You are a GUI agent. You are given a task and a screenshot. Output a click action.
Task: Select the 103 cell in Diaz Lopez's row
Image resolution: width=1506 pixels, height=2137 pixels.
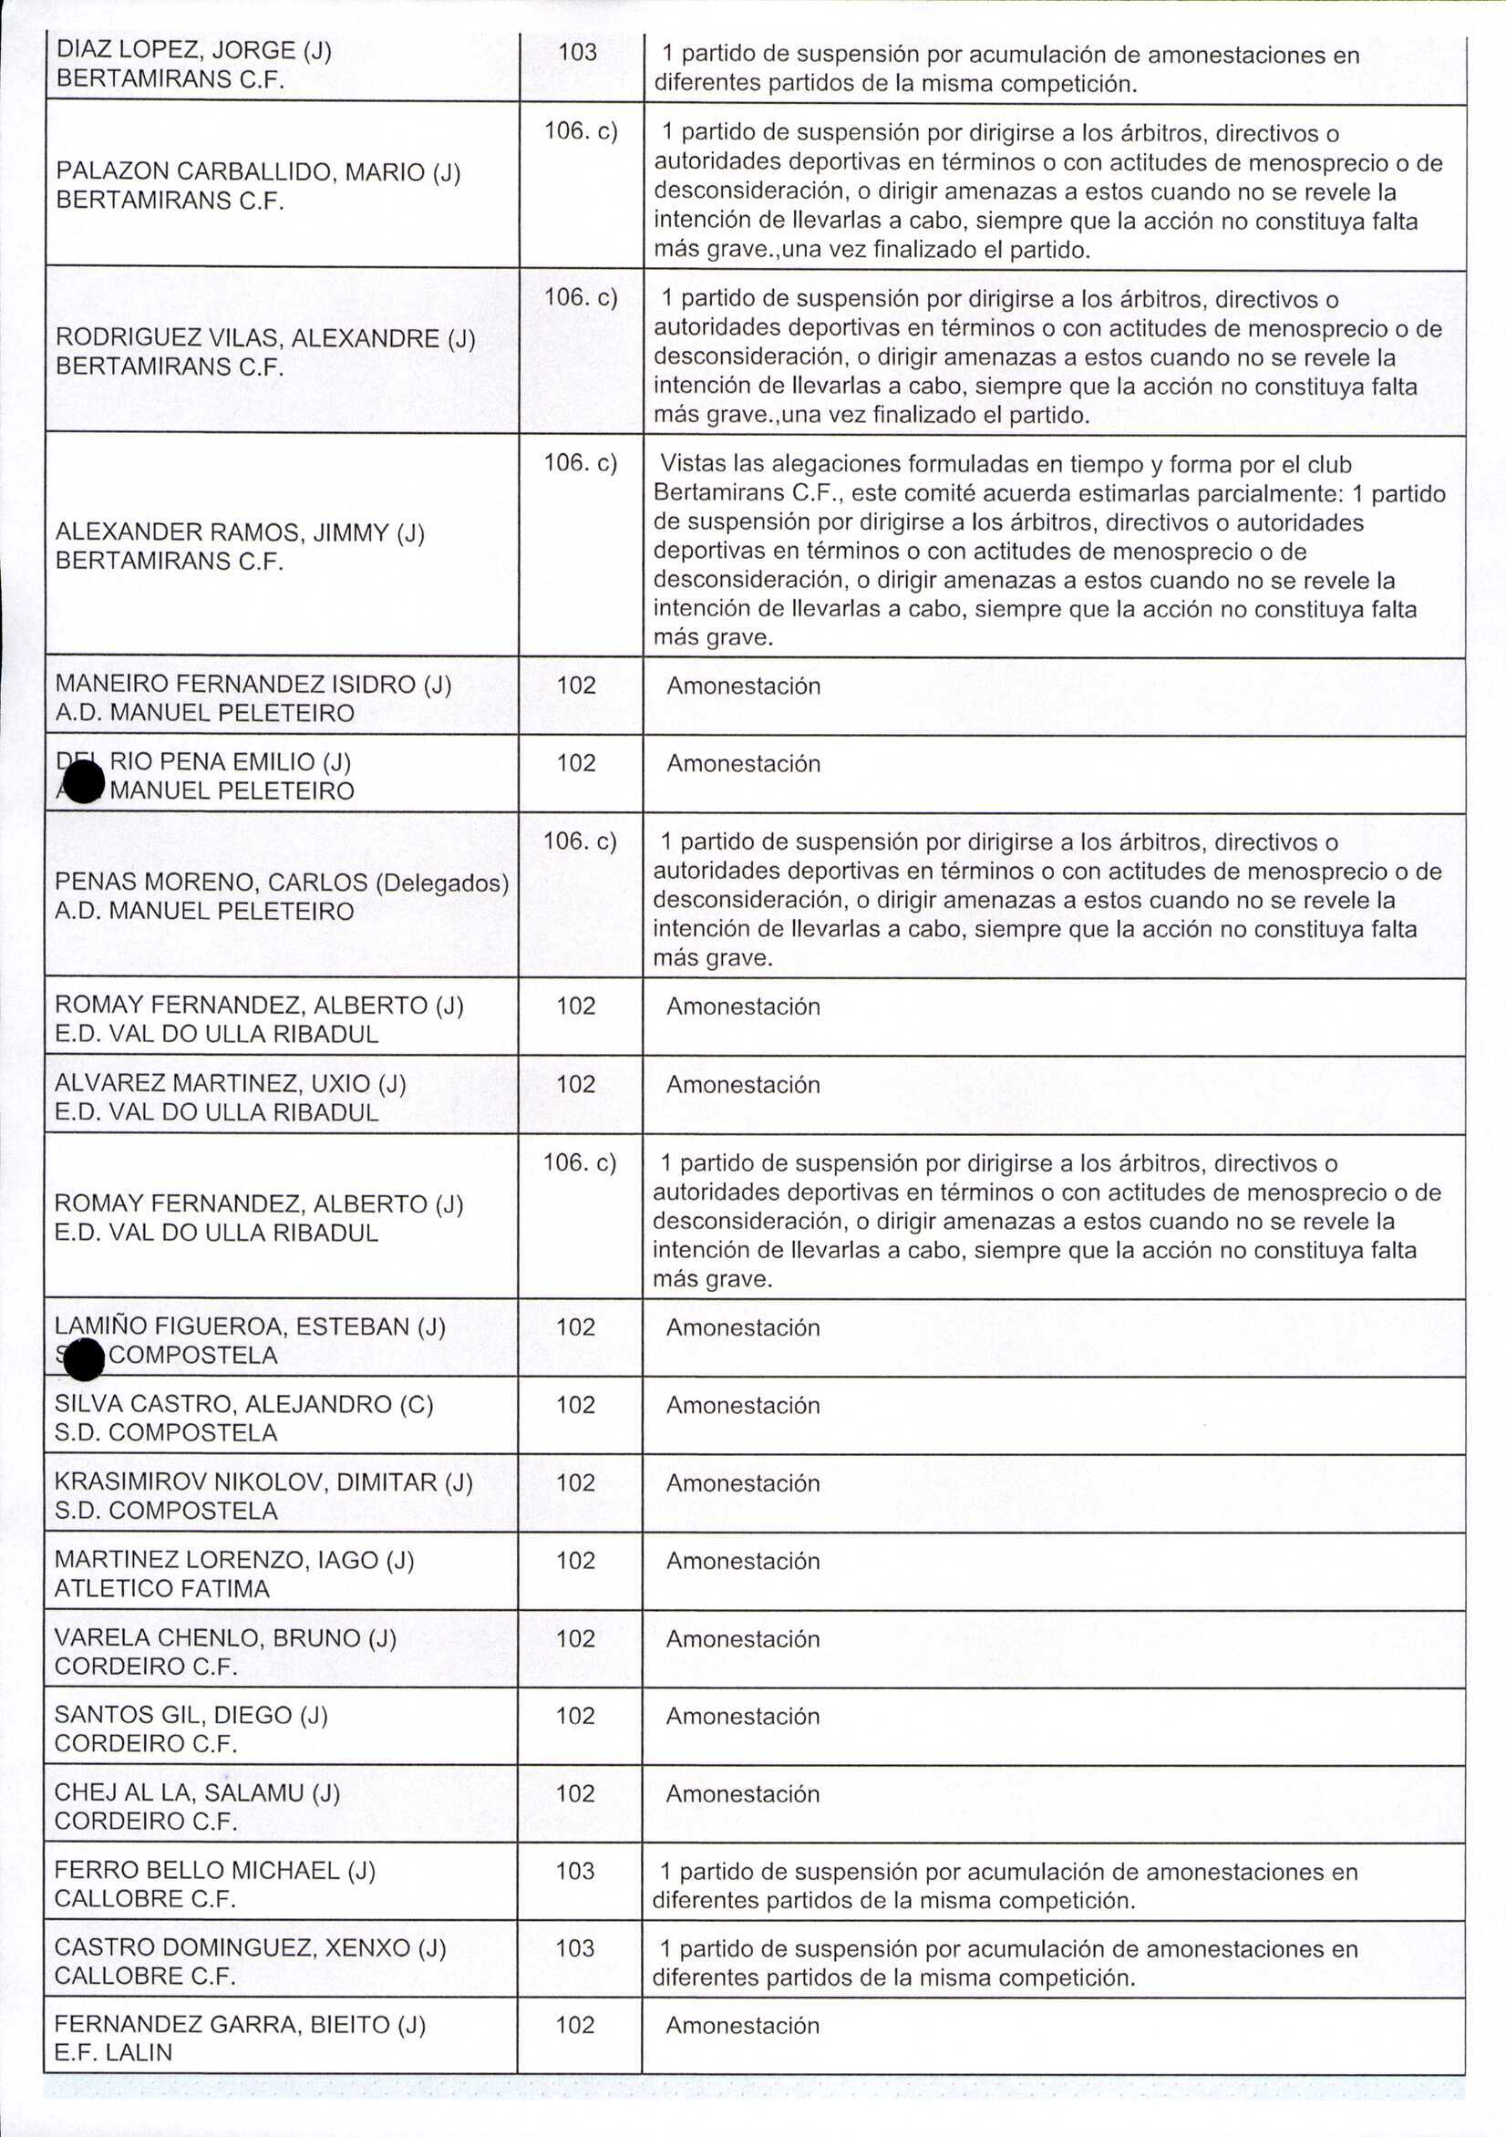(577, 52)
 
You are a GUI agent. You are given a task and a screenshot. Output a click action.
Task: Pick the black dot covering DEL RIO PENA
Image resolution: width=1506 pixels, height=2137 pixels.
(84, 781)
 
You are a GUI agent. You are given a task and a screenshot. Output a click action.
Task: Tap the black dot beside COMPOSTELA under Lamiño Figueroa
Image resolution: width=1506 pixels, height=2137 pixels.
(84, 1360)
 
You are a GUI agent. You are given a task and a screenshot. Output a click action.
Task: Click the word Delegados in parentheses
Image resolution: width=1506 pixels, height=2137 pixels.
(442, 882)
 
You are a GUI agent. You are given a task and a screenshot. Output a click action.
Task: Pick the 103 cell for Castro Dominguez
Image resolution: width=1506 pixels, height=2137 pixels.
(575, 1948)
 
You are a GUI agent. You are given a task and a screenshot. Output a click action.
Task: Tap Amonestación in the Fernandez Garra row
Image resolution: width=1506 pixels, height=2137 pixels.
(743, 2025)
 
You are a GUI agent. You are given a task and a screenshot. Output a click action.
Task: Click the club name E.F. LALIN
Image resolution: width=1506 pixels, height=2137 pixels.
(114, 2052)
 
